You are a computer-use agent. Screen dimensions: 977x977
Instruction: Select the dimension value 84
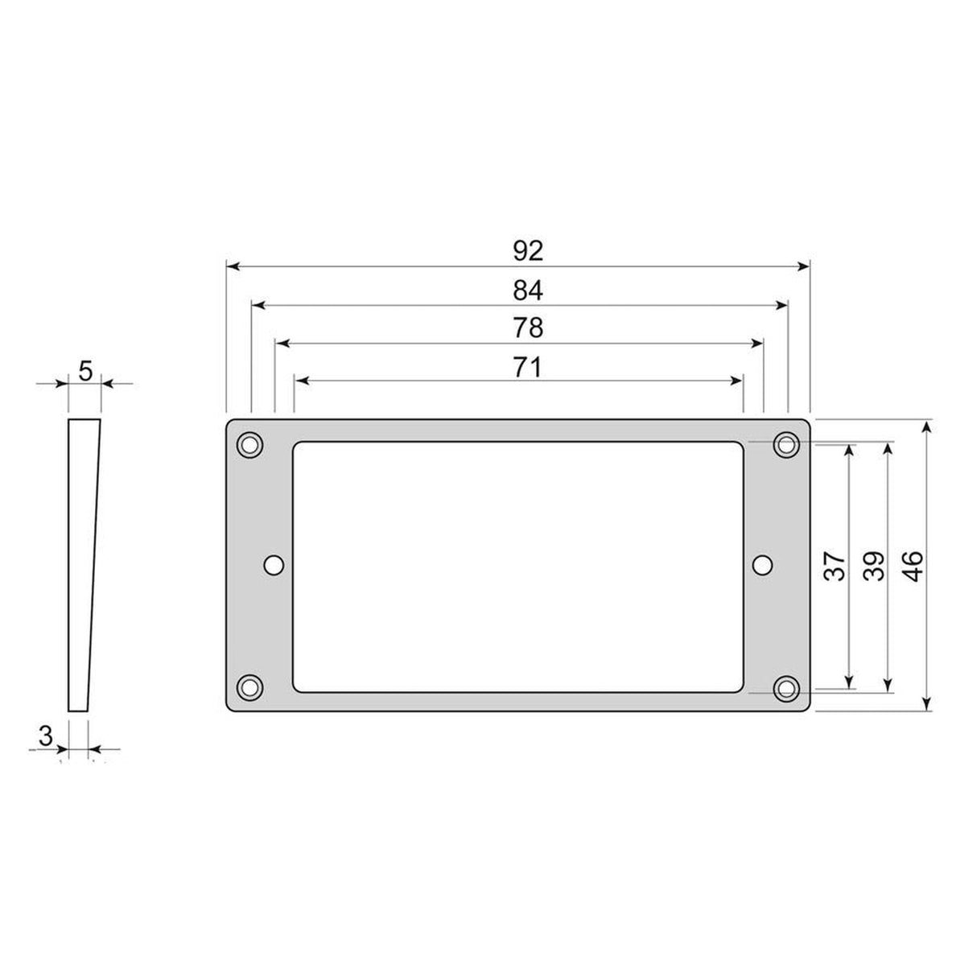[x=529, y=290]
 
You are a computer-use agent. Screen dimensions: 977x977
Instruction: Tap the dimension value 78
[x=529, y=328]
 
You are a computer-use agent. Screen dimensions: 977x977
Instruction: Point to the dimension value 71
[x=528, y=368]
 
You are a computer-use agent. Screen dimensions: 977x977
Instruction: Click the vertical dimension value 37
[x=835, y=566]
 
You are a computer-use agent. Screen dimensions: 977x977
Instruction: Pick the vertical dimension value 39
[x=874, y=566]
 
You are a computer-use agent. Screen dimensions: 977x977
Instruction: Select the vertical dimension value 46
[x=913, y=566]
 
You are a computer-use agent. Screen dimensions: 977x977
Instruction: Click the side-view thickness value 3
[x=46, y=735]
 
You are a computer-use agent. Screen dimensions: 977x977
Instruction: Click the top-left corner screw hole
[x=249, y=444]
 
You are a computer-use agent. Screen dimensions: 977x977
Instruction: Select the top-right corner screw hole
[x=785, y=444]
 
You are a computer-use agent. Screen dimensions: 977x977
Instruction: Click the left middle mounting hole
[x=274, y=566]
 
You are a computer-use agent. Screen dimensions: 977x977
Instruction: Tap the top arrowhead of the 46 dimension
[x=928, y=426]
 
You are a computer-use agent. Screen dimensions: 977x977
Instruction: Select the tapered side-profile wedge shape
[x=83, y=566]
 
